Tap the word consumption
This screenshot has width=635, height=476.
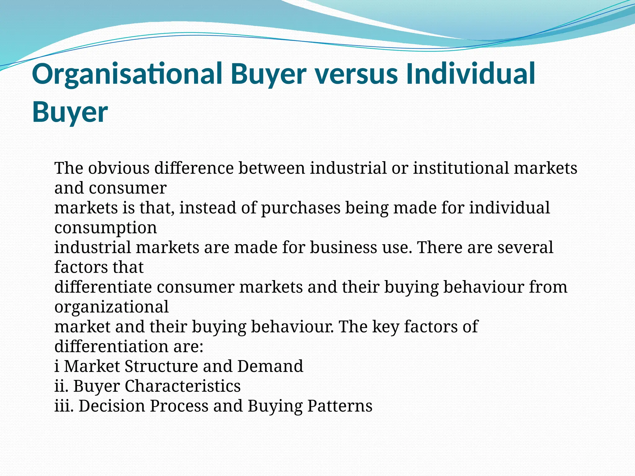click(x=106, y=228)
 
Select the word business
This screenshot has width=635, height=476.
click(x=343, y=247)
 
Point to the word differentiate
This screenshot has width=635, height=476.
click(x=103, y=287)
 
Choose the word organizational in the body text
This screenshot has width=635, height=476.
click(x=112, y=307)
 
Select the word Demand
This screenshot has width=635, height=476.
click(x=270, y=366)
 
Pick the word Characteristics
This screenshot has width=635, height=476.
click(x=183, y=386)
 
